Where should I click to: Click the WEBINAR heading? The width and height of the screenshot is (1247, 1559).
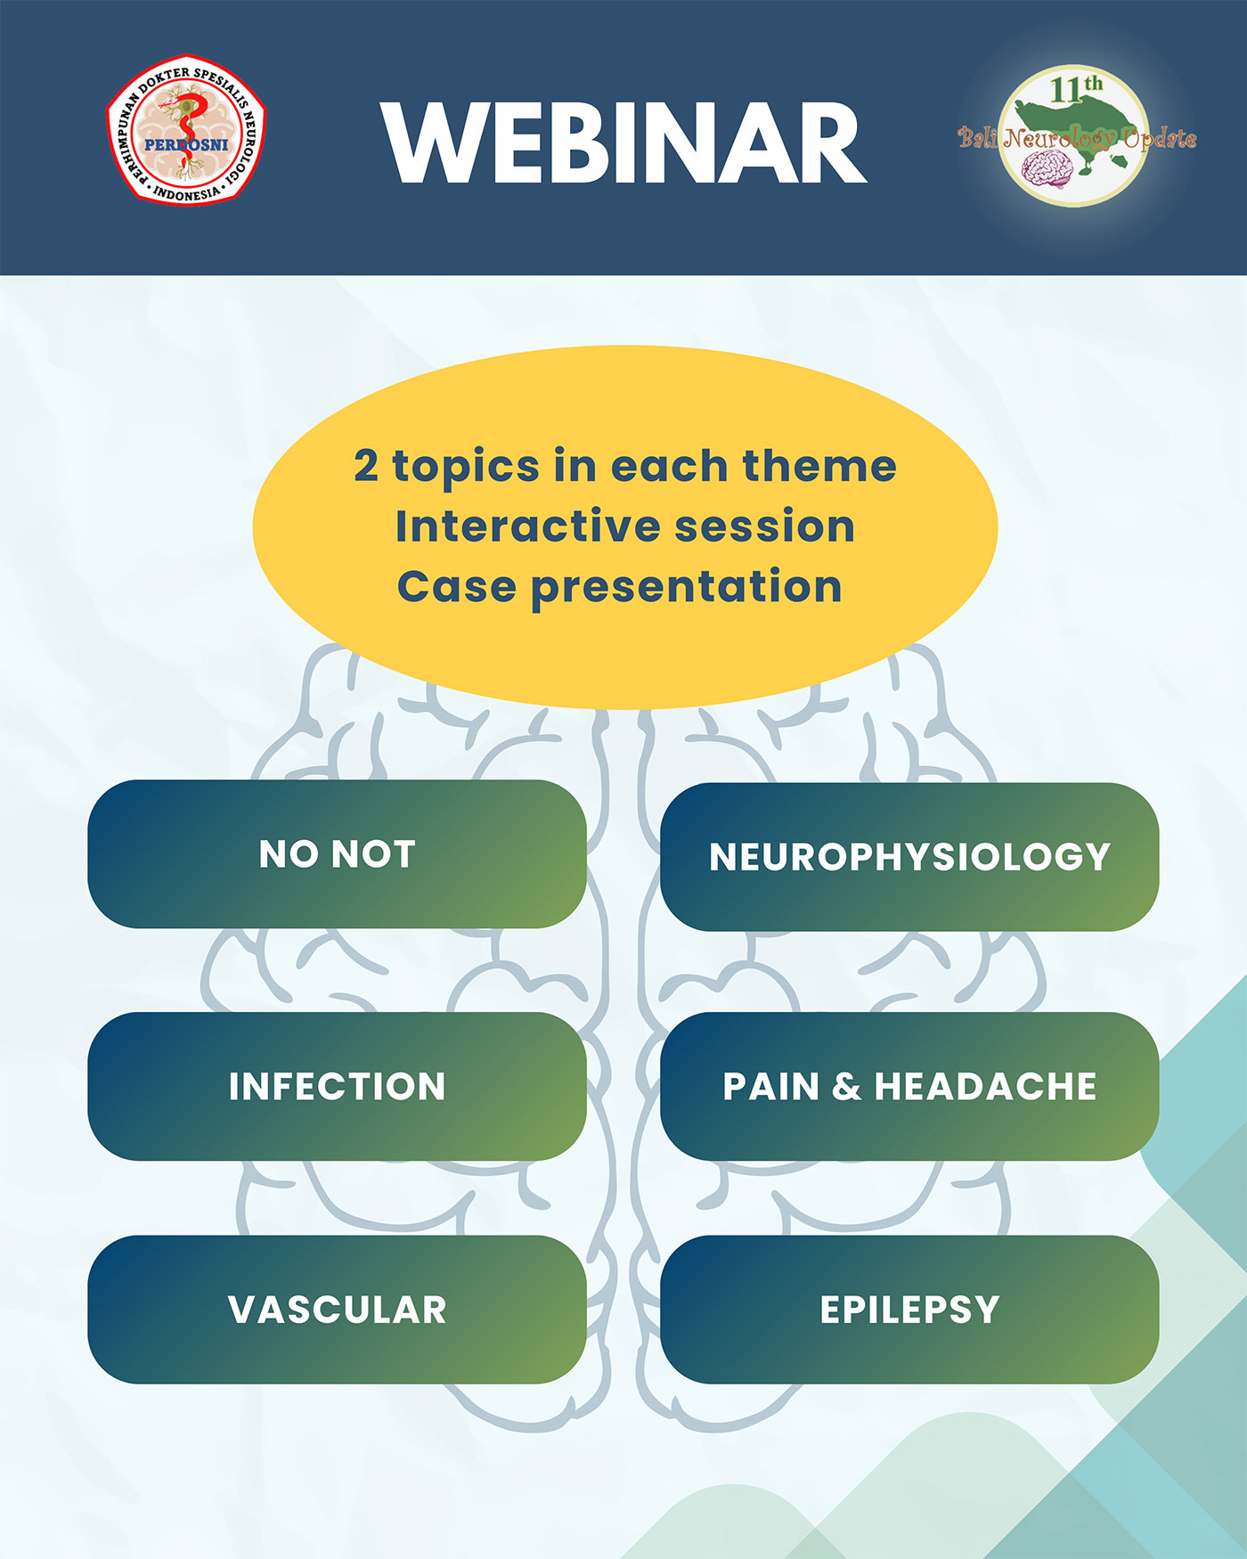pyautogui.click(x=624, y=143)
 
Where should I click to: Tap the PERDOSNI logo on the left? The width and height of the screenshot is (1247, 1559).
pyautogui.click(x=186, y=130)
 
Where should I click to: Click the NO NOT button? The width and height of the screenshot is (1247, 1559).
pyautogui.click(x=337, y=853)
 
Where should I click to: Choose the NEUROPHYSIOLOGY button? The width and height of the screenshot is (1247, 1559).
pyautogui.click(x=909, y=856)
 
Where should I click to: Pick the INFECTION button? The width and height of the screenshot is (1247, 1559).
pyautogui.click(x=337, y=1086)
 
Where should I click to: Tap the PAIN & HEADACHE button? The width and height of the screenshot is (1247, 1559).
pyautogui.click(x=909, y=1086)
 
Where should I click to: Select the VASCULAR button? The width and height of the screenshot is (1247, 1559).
pyautogui.click(x=337, y=1309)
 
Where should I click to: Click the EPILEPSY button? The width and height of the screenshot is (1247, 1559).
pyautogui.click(x=909, y=1309)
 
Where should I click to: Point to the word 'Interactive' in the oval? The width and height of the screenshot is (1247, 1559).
pyautogui.click(x=528, y=526)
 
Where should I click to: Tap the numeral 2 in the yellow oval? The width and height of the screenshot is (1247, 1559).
pyautogui.click(x=365, y=466)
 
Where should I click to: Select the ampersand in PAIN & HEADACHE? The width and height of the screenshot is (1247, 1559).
pyautogui.click(x=846, y=1086)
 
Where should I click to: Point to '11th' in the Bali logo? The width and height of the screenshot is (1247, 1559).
pyautogui.click(x=1076, y=88)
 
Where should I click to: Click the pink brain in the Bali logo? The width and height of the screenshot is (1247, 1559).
pyautogui.click(x=1045, y=169)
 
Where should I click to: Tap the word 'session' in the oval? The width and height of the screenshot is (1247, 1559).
pyautogui.click(x=764, y=526)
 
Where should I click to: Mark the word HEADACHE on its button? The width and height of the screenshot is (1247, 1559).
pyautogui.click(x=985, y=1086)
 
